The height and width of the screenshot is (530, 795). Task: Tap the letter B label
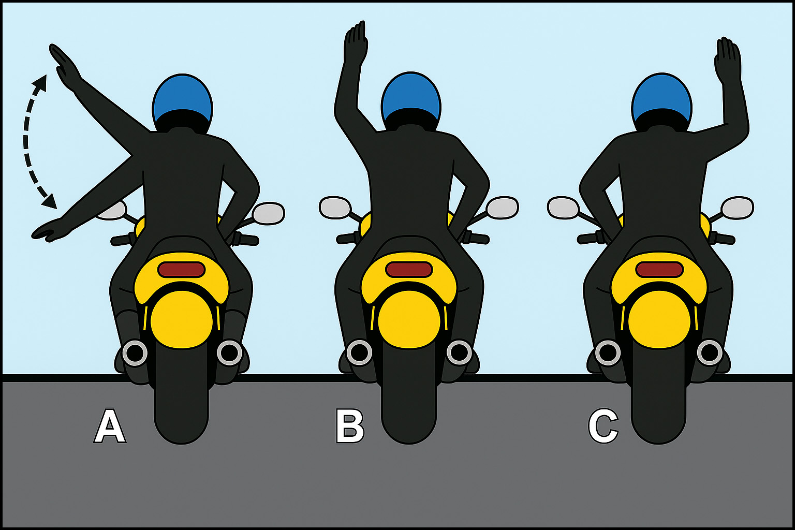click(350, 426)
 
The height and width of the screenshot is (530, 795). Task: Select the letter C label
click(603, 426)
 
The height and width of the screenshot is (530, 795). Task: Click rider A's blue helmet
click(182, 99)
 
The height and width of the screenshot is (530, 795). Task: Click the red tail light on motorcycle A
click(181, 270)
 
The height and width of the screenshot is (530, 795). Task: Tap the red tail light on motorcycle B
click(409, 270)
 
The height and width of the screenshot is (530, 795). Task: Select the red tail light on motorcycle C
click(659, 270)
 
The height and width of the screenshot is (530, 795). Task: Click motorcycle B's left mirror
click(335, 208)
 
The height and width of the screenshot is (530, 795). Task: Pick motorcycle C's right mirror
click(738, 208)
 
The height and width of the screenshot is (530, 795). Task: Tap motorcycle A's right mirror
click(269, 213)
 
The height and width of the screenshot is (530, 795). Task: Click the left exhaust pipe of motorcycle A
click(135, 353)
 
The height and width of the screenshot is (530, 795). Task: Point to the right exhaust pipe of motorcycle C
click(710, 353)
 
